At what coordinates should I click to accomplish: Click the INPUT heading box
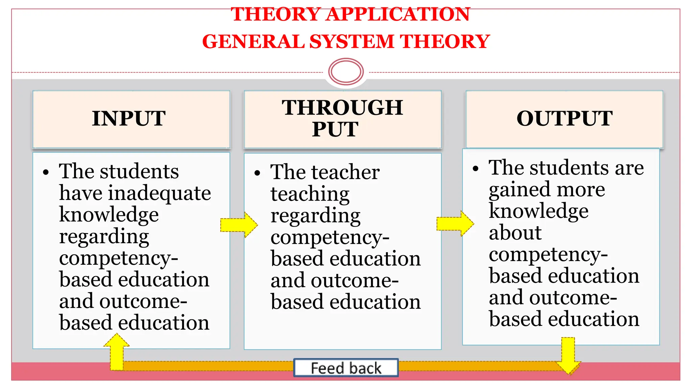pos(131,119)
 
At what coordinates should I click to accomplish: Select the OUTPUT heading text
pos(564,119)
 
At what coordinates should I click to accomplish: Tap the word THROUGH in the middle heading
pos(342,108)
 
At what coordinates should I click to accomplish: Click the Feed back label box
pos(346,368)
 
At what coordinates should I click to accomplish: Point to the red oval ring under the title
pos(346,72)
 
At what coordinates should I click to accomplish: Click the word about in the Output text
pos(515,233)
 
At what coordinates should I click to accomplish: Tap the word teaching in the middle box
pos(310,194)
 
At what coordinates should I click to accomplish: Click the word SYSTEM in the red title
pos(352,42)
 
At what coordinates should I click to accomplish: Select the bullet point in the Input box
pos(46,172)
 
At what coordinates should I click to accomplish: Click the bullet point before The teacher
pos(257,173)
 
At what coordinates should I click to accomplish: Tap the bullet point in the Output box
pos(476,168)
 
